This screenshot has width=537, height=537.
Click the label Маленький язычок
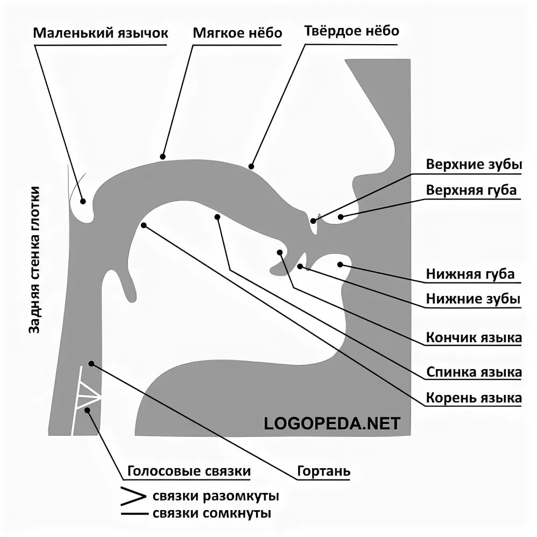[x=101, y=33]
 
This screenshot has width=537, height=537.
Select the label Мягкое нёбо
[x=237, y=33]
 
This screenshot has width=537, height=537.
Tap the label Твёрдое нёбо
[x=351, y=31]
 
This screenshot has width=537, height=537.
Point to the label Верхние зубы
[x=474, y=165]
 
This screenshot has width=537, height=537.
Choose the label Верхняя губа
[x=471, y=190]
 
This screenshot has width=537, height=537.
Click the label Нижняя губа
[x=470, y=274]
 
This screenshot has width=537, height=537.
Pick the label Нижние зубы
[x=473, y=299]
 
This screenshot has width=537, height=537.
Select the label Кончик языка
[x=474, y=338]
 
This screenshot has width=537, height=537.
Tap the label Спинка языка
[x=474, y=372]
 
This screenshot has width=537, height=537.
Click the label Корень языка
[x=474, y=398]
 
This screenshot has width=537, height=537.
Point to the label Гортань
[x=323, y=472]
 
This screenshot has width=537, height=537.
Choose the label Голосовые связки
[x=189, y=472]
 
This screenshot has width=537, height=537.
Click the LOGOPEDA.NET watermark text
[x=332, y=423]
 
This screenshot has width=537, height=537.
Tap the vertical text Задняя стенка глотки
[x=35, y=260]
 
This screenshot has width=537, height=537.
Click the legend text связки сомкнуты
[x=211, y=513]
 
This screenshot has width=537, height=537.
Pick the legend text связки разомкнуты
[x=215, y=496]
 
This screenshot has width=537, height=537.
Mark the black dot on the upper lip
[x=341, y=217]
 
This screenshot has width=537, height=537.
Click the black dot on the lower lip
[x=340, y=264]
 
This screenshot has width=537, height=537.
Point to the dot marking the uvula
[x=83, y=201]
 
